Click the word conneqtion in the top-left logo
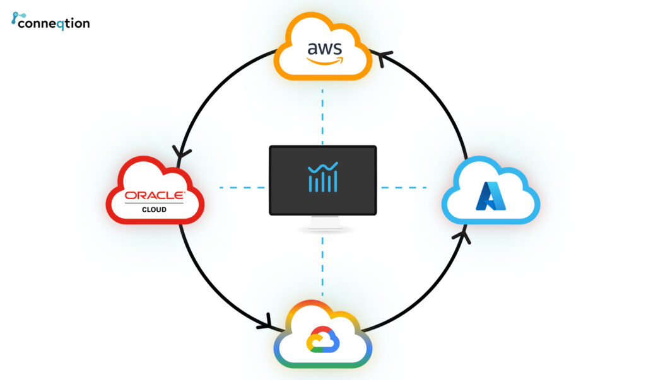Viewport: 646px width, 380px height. click(x=54, y=24)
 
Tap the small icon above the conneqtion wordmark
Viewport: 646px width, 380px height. click(x=16, y=16)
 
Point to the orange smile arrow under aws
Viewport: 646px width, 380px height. click(x=323, y=60)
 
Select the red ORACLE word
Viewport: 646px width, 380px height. click(x=155, y=195)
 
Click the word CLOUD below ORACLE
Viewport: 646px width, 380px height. click(x=155, y=209)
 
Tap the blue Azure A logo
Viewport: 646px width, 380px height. click(x=490, y=195)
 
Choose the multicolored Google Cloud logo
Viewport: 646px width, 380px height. click(x=322, y=340)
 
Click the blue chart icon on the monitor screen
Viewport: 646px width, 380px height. click(x=323, y=177)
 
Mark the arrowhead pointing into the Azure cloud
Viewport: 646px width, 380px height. click(x=463, y=236)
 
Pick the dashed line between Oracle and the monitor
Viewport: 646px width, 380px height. click(x=243, y=187)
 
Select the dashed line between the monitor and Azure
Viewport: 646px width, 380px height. click(x=404, y=187)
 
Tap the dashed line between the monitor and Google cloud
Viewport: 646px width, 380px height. click(x=323, y=265)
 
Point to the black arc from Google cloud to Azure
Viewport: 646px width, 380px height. click(x=429, y=296)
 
